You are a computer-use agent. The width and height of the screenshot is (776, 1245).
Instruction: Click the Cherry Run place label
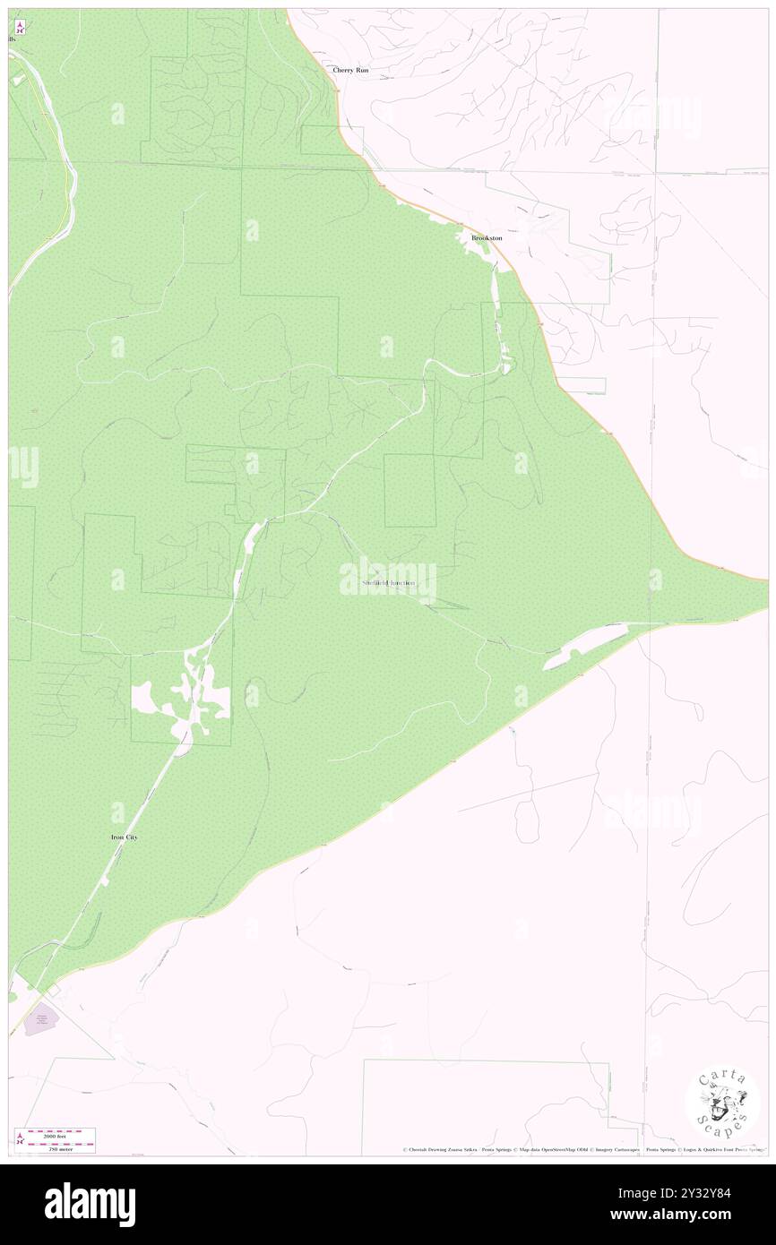(350, 70)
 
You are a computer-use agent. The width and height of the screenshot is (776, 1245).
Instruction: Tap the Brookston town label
(487, 238)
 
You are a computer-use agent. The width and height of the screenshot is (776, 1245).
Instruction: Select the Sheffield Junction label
(388, 583)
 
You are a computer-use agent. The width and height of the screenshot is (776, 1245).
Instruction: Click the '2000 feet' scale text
(61, 1134)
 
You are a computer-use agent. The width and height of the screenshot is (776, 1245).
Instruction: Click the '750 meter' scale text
(61, 1146)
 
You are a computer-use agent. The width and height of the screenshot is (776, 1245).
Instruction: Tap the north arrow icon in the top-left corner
(20, 27)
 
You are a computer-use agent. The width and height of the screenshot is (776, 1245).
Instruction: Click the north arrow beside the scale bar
(19, 1139)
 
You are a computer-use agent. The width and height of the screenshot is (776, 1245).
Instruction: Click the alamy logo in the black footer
(90, 1204)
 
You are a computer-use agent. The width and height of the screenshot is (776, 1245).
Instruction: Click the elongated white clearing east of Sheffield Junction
(584, 647)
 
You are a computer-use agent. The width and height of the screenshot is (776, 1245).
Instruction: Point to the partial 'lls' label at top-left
(12, 40)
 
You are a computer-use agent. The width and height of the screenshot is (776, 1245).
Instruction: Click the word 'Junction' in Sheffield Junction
(401, 583)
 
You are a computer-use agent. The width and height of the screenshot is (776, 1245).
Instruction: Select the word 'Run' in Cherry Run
(361, 70)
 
